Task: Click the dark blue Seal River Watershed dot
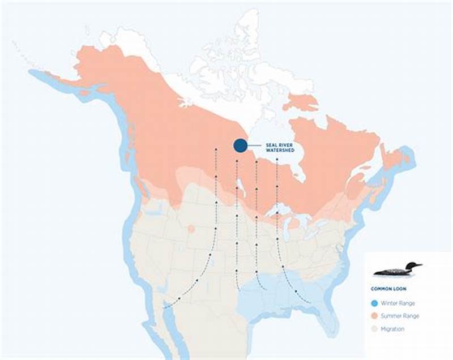240,145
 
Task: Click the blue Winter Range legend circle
376,303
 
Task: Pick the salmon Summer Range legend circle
376,316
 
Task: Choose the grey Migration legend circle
376,329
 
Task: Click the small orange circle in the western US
191,229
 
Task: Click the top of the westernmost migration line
216,149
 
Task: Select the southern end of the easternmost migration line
310,303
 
